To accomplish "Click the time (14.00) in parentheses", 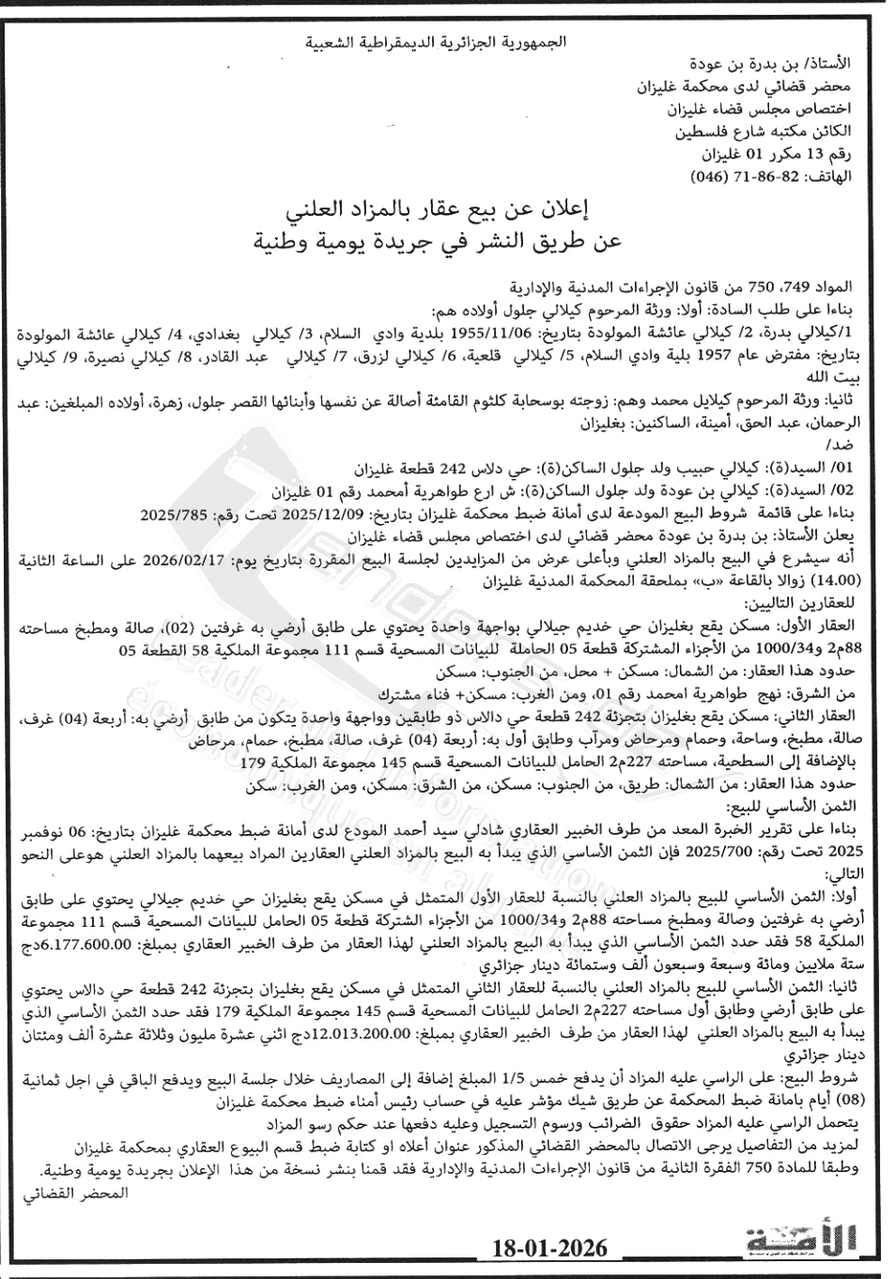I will click(849, 582).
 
